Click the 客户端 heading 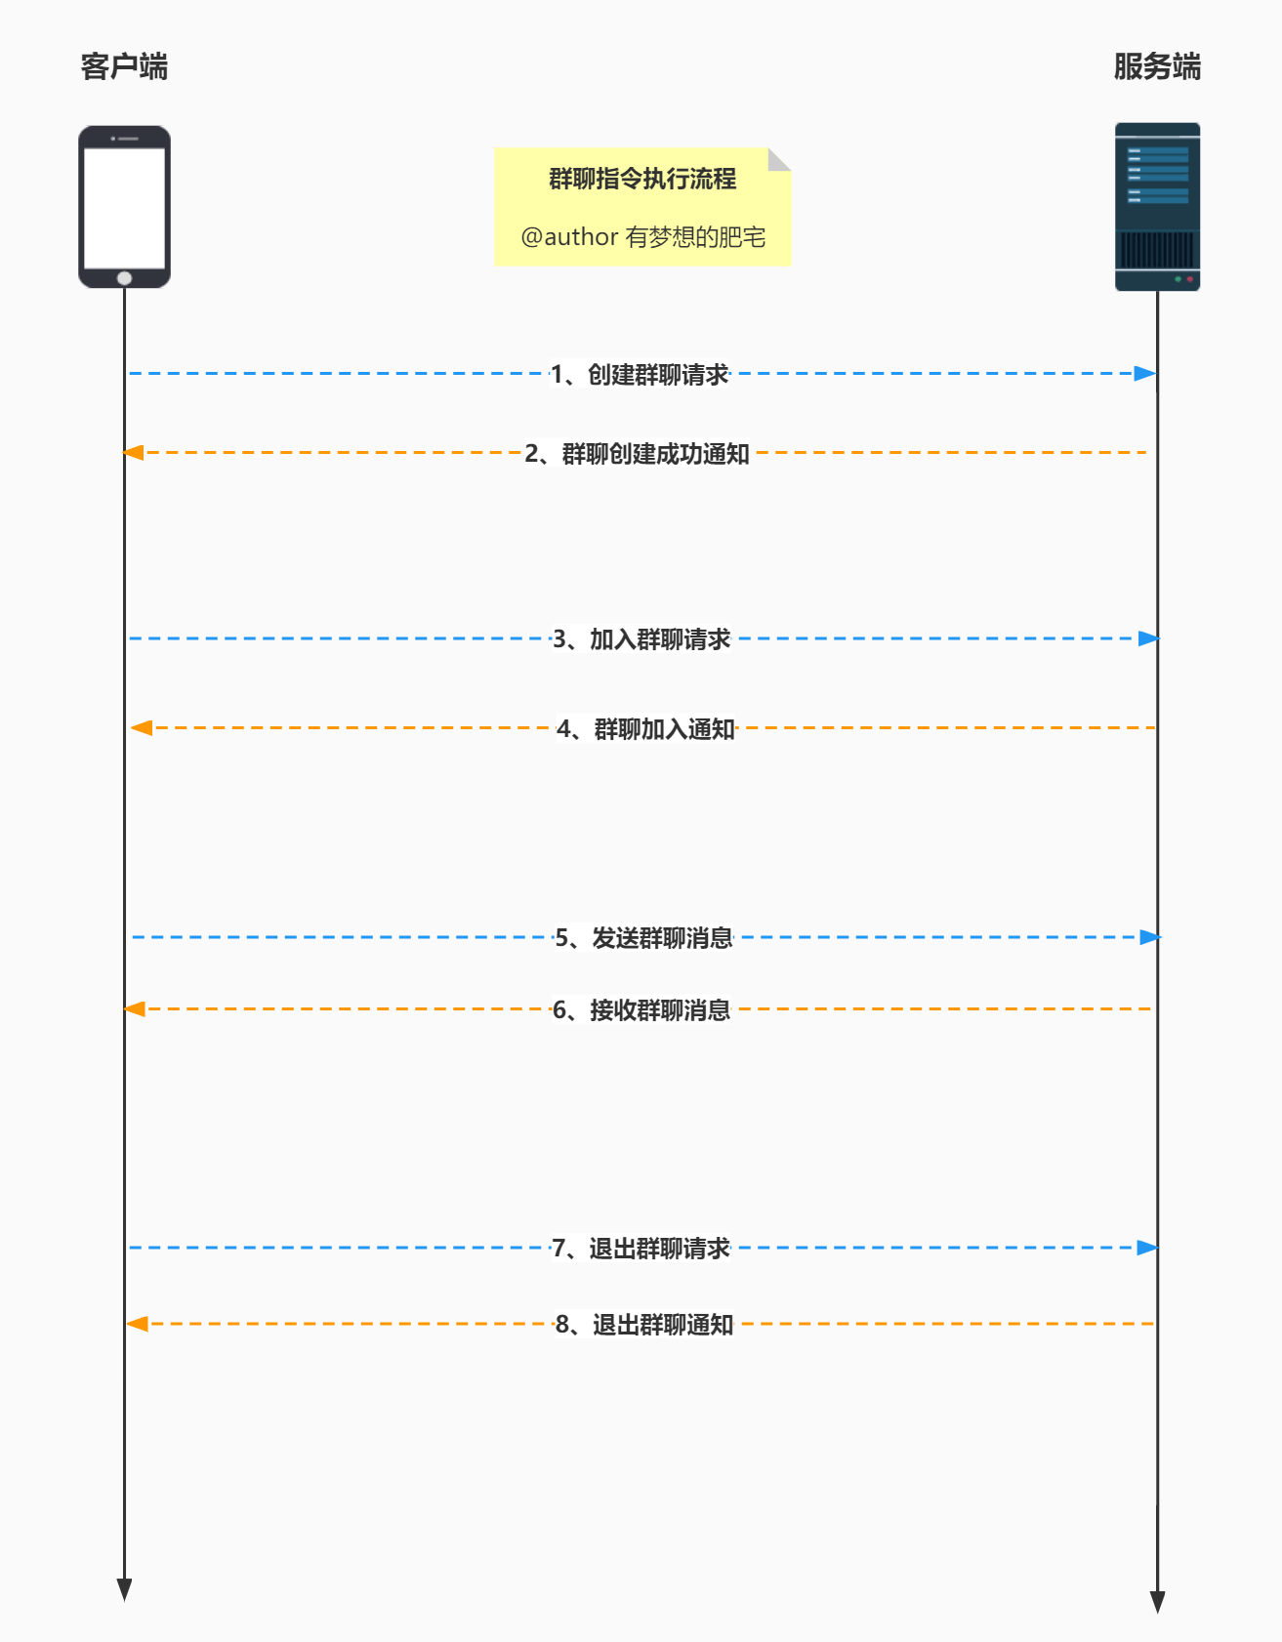click(124, 66)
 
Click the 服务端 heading click(1157, 66)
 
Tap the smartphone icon click(124, 206)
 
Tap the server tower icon click(1157, 206)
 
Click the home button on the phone click(124, 278)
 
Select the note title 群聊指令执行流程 click(642, 179)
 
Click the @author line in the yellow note click(642, 237)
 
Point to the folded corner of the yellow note click(779, 158)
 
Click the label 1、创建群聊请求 click(640, 374)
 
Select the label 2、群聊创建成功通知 click(637, 454)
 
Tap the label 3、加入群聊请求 click(641, 639)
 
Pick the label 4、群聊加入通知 click(645, 729)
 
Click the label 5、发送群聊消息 click(644, 938)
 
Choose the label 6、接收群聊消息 click(641, 1010)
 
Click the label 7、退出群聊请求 click(641, 1249)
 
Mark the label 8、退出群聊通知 click(644, 1325)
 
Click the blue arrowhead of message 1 click(1145, 374)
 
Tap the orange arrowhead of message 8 click(138, 1324)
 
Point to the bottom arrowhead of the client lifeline click(124, 1589)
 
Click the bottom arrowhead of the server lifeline click(1157, 1601)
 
